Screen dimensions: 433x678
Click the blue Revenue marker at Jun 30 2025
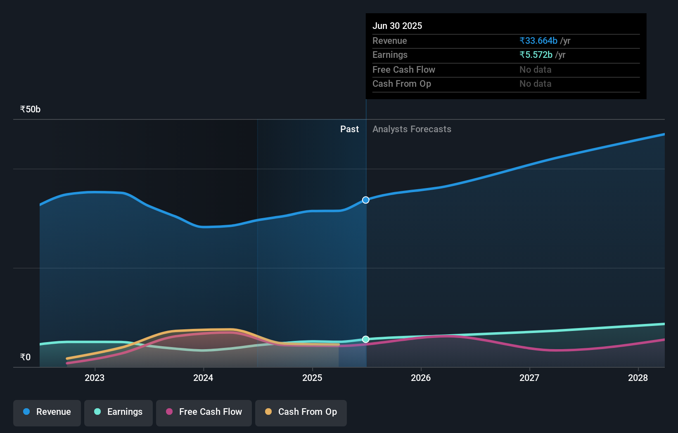[x=366, y=200]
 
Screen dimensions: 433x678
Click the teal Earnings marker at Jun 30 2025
[x=366, y=339]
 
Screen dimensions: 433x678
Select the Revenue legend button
[x=47, y=412]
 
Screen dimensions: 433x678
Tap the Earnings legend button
[x=119, y=412]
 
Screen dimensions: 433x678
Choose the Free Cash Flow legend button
[x=204, y=412]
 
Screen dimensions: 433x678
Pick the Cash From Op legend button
[x=301, y=412]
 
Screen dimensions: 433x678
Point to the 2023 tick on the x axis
[x=95, y=378]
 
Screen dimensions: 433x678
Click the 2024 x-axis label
[x=203, y=378]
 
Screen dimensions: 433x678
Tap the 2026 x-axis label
[x=421, y=378]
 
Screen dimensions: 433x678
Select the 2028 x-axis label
[x=638, y=378]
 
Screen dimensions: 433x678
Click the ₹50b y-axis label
[x=30, y=109]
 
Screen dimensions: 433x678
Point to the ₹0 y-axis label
[x=25, y=357]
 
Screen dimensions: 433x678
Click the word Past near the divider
[x=349, y=129]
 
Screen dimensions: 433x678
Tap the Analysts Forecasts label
[x=412, y=129]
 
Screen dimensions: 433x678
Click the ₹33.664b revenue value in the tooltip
[x=538, y=41]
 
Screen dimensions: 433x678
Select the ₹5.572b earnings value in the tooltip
[x=536, y=55]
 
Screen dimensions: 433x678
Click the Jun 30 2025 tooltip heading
[x=397, y=26]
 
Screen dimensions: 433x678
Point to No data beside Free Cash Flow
[x=535, y=70]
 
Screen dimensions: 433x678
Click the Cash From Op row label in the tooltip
[x=402, y=84]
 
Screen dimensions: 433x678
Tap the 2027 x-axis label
[x=529, y=378]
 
